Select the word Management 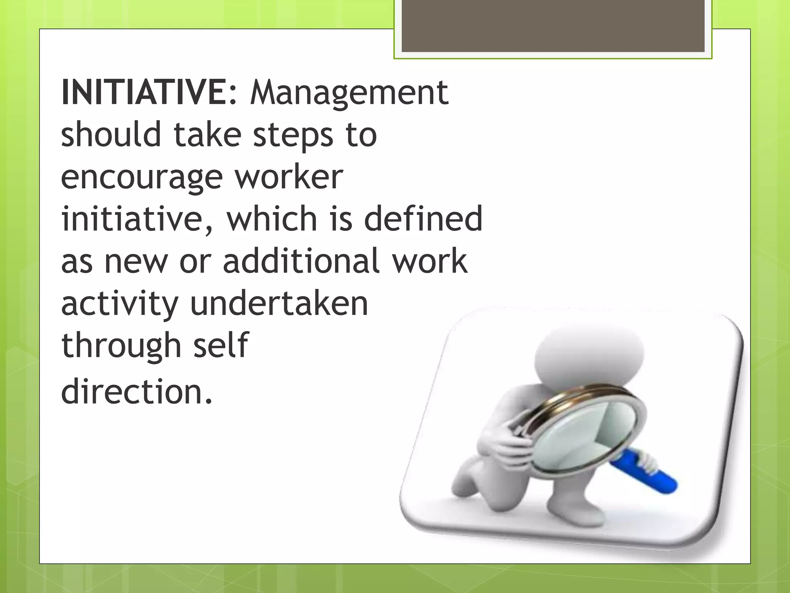point(349,93)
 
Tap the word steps point(293,136)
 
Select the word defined point(423,219)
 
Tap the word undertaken point(279,304)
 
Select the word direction point(137,391)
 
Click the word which point(272,219)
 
